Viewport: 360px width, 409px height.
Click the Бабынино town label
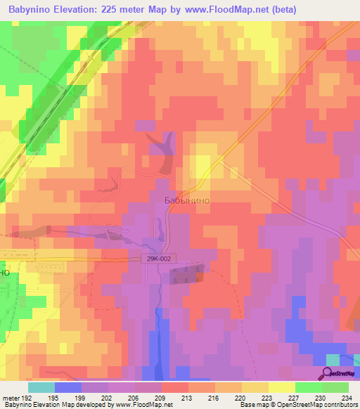pos(186,200)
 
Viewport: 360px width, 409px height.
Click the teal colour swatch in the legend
pos(41,387)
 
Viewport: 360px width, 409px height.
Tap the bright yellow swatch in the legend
pos(281,387)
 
